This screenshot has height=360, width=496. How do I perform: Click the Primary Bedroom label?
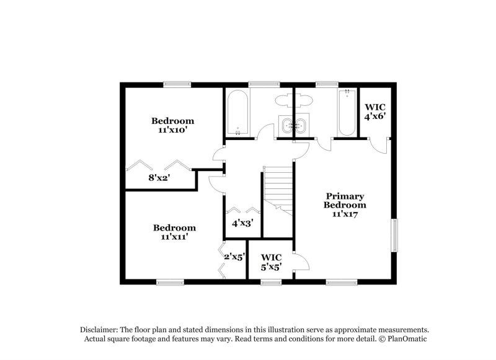coord(345,200)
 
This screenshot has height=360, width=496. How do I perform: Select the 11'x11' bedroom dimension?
coord(174,236)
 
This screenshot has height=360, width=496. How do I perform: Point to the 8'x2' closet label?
coord(159,177)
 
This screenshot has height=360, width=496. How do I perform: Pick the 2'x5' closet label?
coord(234,256)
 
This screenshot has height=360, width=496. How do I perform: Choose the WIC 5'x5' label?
coord(272,261)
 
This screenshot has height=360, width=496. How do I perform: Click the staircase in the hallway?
coord(278,189)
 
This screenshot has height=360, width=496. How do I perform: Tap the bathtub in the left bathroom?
coord(238,112)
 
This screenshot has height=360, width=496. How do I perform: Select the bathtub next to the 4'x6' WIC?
coord(346,112)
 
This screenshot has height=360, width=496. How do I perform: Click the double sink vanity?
coord(293,126)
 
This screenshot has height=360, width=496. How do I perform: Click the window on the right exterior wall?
coord(394,235)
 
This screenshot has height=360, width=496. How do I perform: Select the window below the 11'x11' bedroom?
coord(170,282)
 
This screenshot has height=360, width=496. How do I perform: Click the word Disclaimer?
coord(100,330)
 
